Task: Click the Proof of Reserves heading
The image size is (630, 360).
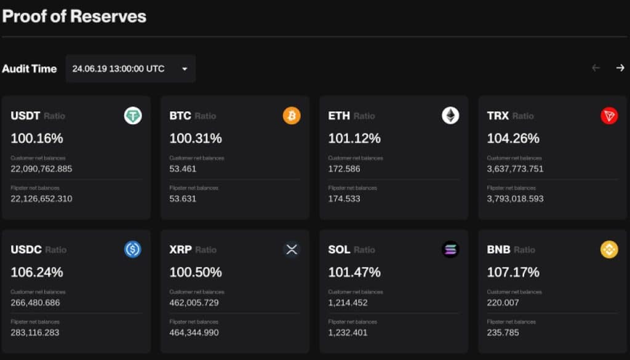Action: coord(74,16)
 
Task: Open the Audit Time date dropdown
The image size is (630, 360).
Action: coord(130,69)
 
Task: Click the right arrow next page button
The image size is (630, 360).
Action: coord(620,68)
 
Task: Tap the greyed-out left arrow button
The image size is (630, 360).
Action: coord(596,68)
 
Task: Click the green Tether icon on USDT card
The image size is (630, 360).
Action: coord(133,116)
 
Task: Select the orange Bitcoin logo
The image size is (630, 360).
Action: coord(292,116)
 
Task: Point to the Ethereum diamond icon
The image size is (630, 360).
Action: coord(450,116)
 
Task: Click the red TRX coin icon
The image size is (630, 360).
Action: coord(609,116)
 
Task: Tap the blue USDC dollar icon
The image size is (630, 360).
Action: coord(133,249)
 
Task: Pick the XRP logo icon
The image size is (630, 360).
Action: coord(292,249)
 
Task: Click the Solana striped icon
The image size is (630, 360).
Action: coord(450,249)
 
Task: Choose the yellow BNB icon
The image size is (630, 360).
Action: coord(609,249)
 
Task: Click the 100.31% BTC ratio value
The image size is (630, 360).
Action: coord(196,138)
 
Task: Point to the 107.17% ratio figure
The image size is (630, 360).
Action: coord(513,272)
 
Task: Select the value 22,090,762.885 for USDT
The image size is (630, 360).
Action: coord(41,169)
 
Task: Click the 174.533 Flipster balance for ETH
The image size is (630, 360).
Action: coord(345,199)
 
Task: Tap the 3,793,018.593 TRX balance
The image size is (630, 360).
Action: coord(515,199)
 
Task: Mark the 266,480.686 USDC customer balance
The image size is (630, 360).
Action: coord(35,303)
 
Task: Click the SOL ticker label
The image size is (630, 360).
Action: coord(339,250)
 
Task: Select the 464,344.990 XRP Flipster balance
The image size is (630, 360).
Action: coord(194,333)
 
